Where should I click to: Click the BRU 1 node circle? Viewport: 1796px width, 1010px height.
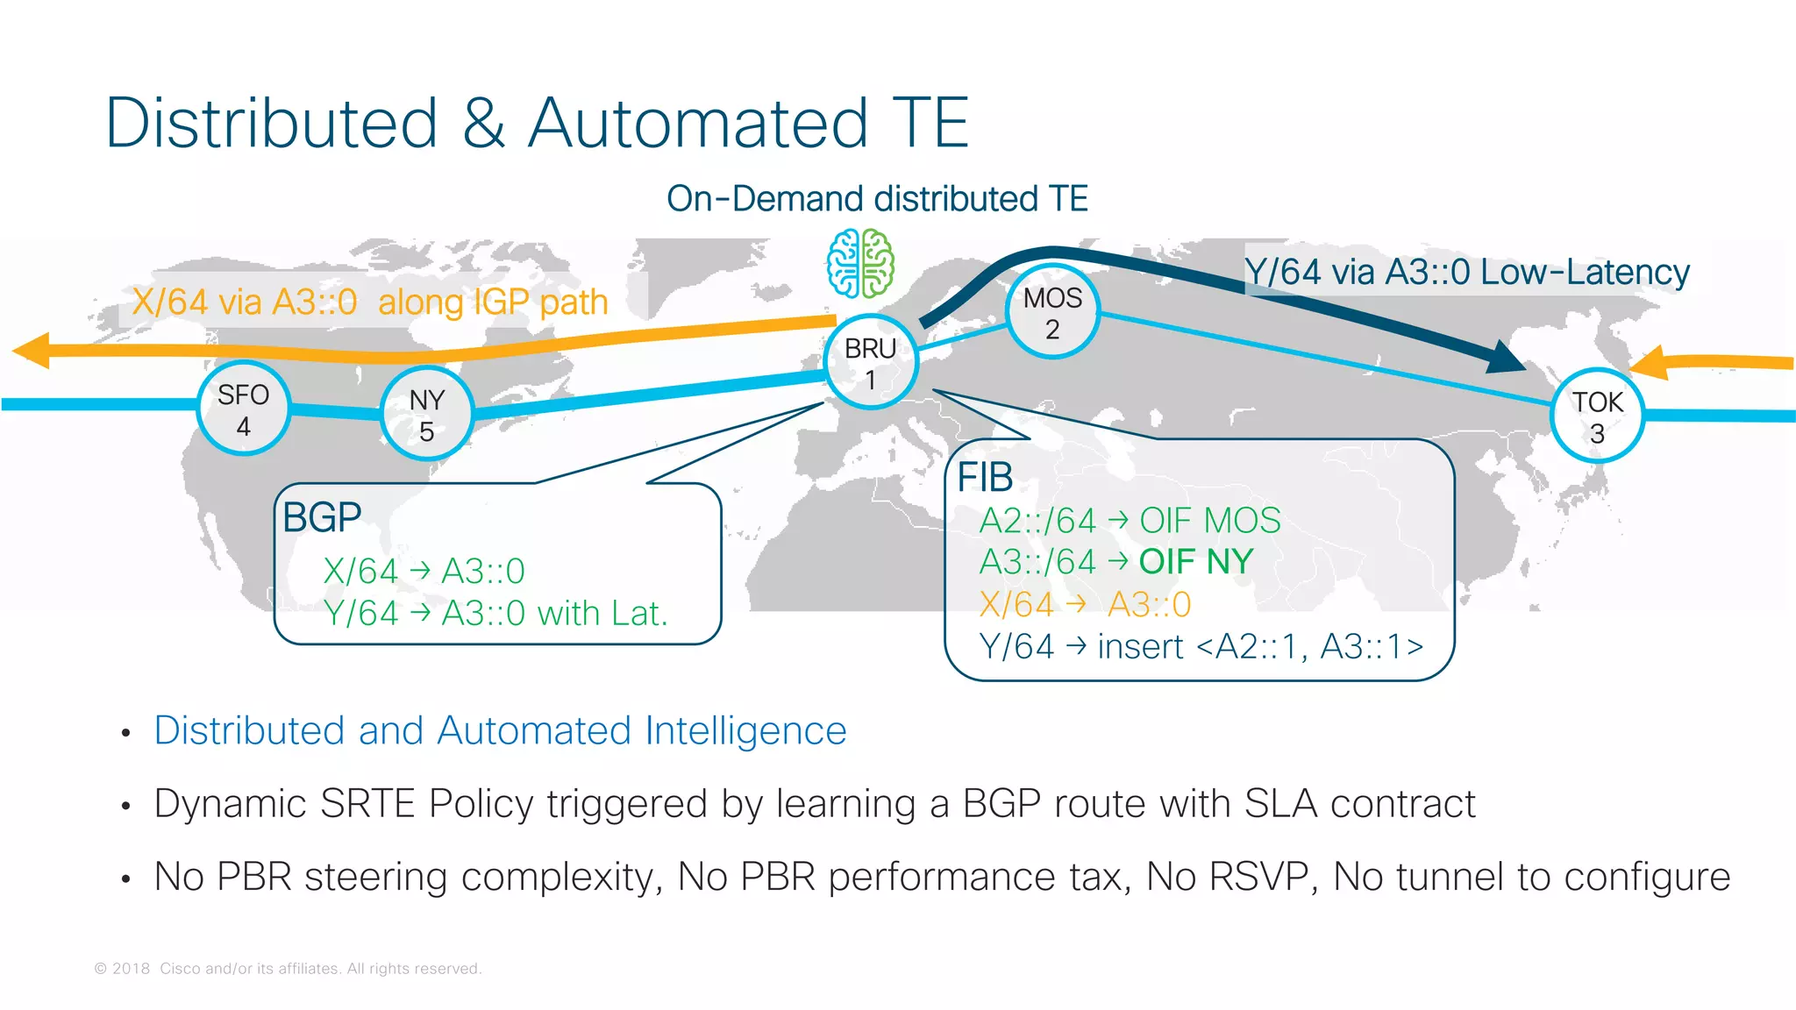pyautogui.click(x=871, y=362)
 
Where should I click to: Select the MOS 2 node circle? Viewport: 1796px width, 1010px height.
pyautogui.click(x=1052, y=312)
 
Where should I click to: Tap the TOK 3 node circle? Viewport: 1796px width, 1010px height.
pyautogui.click(x=1597, y=416)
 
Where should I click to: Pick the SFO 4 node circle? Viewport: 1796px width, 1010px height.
pyautogui.click(x=243, y=409)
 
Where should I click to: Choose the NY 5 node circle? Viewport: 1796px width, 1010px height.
pyautogui.click(x=427, y=414)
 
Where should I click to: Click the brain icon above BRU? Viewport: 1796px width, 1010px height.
pyautogui.click(x=861, y=263)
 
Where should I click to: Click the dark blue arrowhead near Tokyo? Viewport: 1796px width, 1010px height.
pyautogui.click(x=1505, y=356)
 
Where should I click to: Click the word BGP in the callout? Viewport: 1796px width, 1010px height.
pyautogui.click(x=322, y=517)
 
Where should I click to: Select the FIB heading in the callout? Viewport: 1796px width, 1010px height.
pyautogui.click(x=985, y=478)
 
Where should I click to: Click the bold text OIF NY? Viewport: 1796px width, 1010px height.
pyautogui.click(x=1196, y=561)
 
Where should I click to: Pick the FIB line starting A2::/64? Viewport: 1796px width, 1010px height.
pyautogui.click(x=1130, y=521)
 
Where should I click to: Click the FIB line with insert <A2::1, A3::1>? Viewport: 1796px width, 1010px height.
pyautogui.click(x=1201, y=647)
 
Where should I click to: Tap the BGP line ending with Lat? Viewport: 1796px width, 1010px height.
pyautogui.click(x=495, y=613)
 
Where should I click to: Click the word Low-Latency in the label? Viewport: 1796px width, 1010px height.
pyautogui.click(x=1585, y=272)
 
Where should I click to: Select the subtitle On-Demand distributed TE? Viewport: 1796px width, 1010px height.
pyautogui.click(x=877, y=199)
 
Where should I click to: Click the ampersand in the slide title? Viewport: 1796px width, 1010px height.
pyautogui.click(x=483, y=123)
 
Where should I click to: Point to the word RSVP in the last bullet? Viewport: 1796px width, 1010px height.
pyautogui.click(x=1262, y=877)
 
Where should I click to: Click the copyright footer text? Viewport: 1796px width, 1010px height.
pyautogui.click(x=288, y=969)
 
